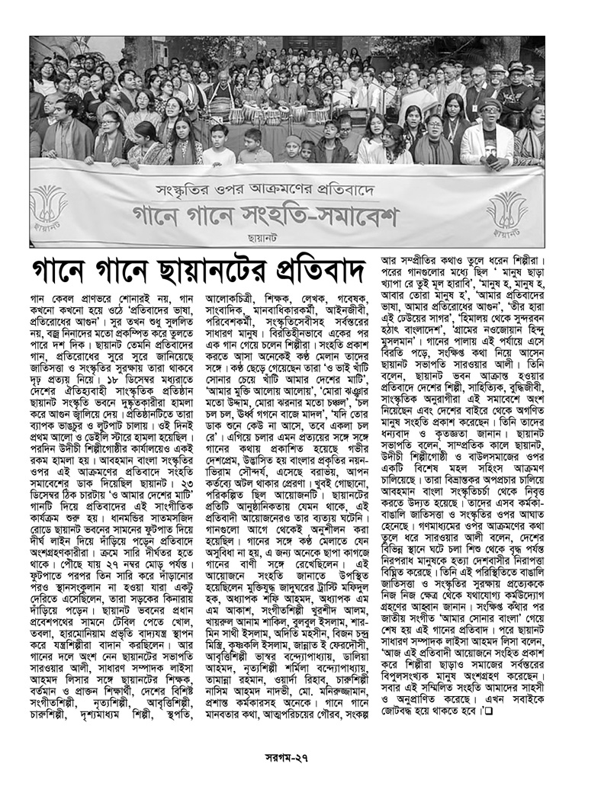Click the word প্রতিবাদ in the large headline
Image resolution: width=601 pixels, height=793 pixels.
pos(308,271)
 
